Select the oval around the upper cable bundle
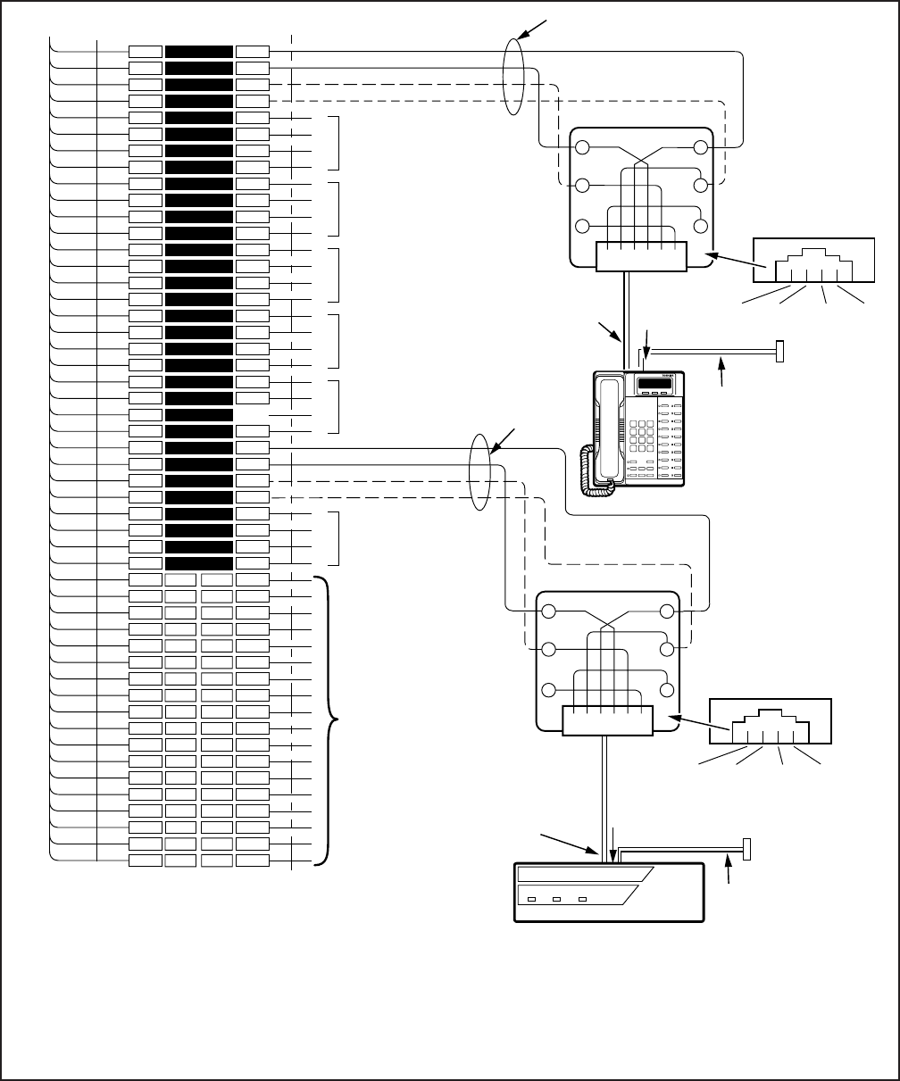pyautogui.click(x=512, y=76)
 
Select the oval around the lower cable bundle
pyautogui.click(x=480, y=472)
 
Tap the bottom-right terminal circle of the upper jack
pyautogui.click(x=700, y=225)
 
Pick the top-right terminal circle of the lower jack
pyautogui.click(x=666, y=611)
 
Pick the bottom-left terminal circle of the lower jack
pyautogui.click(x=549, y=690)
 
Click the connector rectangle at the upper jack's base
pyautogui.click(x=641, y=256)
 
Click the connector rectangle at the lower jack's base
pyautogui.click(x=608, y=720)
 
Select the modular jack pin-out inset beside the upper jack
pyautogui.click(x=812, y=266)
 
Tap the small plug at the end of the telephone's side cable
pyautogui.click(x=779, y=352)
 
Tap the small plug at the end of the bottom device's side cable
pyautogui.click(x=746, y=849)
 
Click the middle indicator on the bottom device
pyautogui.click(x=557, y=899)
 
